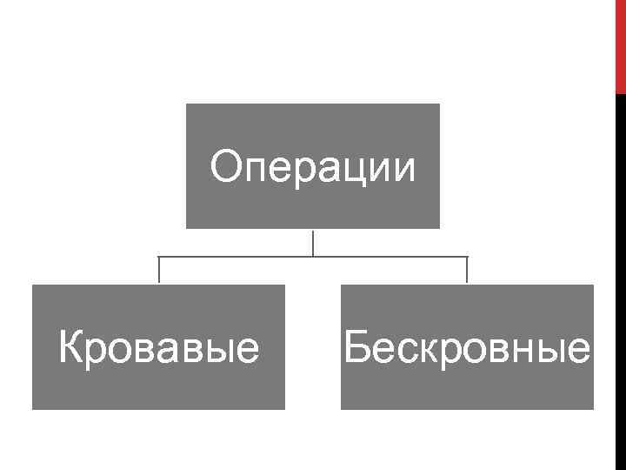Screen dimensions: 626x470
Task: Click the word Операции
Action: [x=313, y=166]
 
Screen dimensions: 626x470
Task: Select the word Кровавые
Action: [x=158, y=348]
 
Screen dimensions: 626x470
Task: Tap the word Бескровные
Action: [x=467, y=348]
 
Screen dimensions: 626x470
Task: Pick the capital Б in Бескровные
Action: [x=356, y=348]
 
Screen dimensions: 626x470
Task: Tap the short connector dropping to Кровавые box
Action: [x=159, y=271]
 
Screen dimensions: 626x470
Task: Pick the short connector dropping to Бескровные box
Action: [x=467, y=271]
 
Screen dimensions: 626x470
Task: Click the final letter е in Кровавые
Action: [x=250, y=351]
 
